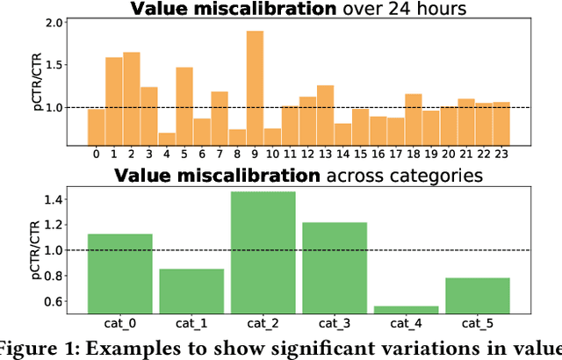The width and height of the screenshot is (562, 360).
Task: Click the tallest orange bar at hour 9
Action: click(x=255, y=88)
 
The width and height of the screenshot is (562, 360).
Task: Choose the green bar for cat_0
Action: click(x=119, y=272)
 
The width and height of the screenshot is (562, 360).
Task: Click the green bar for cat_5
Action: click(x=477, y=294)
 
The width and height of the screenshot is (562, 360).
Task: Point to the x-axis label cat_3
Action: click(x=334, y=323)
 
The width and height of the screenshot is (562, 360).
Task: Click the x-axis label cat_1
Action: click(x=191, y=323)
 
